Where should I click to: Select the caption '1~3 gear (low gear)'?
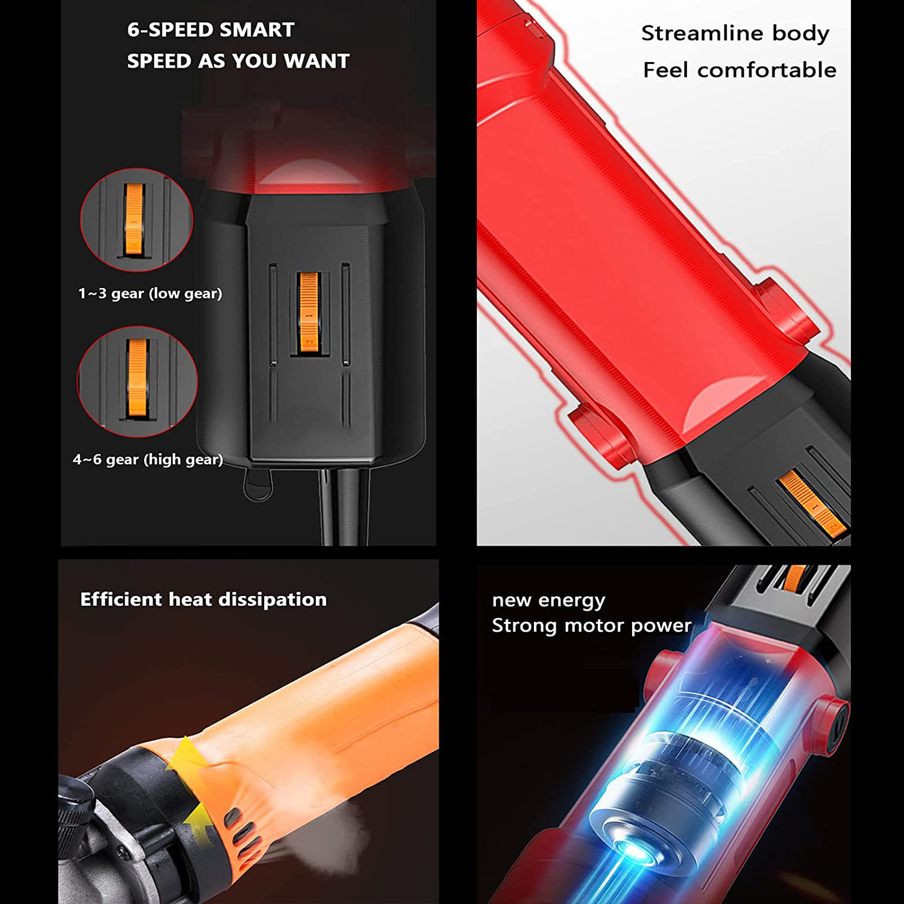[150, 293]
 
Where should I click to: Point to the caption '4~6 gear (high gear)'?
[148, 460]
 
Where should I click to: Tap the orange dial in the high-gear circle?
[137, 378]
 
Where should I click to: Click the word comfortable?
[767, 70]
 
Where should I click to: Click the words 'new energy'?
[548, 600]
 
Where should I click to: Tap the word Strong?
[522, 626]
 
